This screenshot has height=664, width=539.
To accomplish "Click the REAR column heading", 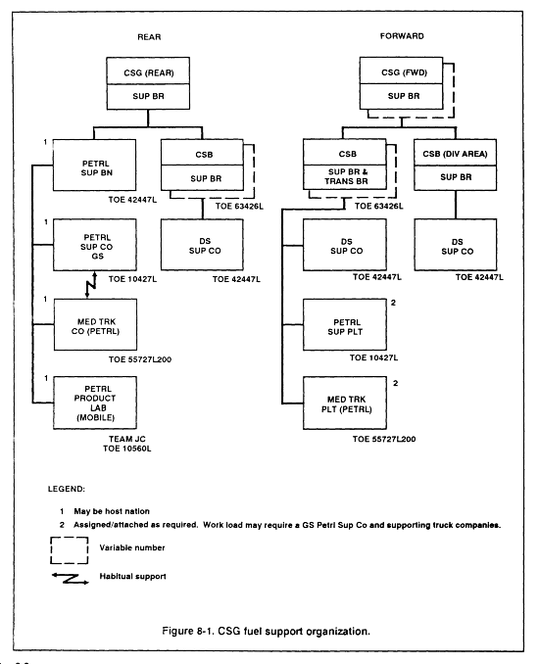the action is (x=149, y=37).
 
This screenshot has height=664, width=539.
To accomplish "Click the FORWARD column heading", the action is (x=402, y=36).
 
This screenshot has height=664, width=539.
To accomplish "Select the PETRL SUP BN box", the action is (x=94, y=166).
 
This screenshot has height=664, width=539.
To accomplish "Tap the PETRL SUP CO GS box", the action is (x=95, y=245).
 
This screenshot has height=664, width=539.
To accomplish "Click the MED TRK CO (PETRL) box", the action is (x=95, y=325).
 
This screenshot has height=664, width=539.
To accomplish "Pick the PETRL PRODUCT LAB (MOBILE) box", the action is (x=95, y=403).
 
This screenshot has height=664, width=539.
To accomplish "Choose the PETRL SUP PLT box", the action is (x=345, y=325).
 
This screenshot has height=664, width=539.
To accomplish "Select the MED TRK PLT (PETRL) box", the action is (x=345, y=403).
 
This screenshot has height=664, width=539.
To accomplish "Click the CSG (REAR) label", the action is (x=149, y=72).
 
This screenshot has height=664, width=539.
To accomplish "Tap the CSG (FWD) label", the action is (x=404, y=72).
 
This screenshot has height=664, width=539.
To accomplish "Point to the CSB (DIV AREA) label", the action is (x=455, y=154).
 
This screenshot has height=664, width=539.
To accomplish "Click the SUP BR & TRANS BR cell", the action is (x=345, y=177).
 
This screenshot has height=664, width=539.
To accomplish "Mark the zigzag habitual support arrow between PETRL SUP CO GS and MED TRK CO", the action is (x=91, y=285).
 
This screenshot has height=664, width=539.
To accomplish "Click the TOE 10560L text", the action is (x=126, y=449).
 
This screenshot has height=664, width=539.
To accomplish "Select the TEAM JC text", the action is (x=126, y=439).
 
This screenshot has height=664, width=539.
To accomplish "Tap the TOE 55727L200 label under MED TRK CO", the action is (x=140, y=359).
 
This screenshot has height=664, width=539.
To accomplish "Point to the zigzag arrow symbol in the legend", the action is (x=71, y=579).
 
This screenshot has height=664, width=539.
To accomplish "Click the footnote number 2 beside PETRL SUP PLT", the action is (x=393, y=303).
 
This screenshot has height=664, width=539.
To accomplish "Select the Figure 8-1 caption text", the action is (x=267, y=632).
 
